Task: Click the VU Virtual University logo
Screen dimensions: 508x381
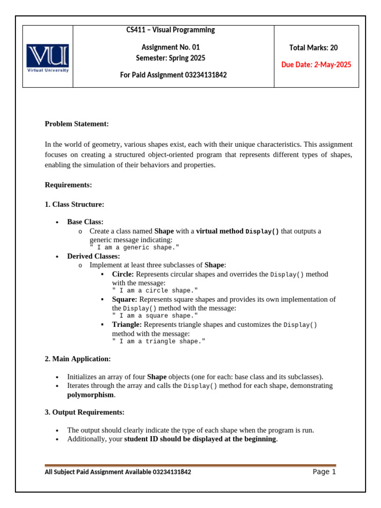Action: pyautogui.click(x=48, y=58)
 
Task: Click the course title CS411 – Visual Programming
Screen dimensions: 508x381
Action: pyautogui.click(x=171, y=30)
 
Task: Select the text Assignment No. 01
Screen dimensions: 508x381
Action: pyautogui.click(x=171, y=48)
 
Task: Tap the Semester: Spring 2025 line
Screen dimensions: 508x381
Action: pyautogui.click(x=171, y=58)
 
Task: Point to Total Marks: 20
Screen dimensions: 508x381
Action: pyautogui.click(x=314, y=48)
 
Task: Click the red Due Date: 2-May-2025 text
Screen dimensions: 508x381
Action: pyautogui.click(x=316, y=65)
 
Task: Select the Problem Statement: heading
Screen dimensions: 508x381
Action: pyautogui.click(x=76, y=124)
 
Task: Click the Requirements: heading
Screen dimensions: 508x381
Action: pyautogui.click(x=68, y=185)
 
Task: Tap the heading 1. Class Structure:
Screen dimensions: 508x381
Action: pyautogui.click(x=74, y=204)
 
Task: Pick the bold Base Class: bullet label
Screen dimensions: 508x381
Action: pyautogui.click(x=85, y=222)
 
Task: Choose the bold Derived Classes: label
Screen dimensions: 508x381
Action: pyautogui.click(x=93, y=256)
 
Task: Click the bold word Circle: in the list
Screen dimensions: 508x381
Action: pyautogui.click(x=123, y=274)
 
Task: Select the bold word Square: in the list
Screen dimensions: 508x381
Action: pyautogui.click(x=125, y=299)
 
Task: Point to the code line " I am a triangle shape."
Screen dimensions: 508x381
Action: pyautogui.click(x=158, y=341)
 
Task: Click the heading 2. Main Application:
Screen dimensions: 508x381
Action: pyautogui.click(x=78, y=359)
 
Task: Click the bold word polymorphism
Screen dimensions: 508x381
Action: pyautogui.click(x=91, y=395)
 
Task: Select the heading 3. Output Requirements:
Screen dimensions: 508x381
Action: pyautogui.click(x=85, y=412)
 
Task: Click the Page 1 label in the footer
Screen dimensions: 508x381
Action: pyautogui.click(x=324, y=472)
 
